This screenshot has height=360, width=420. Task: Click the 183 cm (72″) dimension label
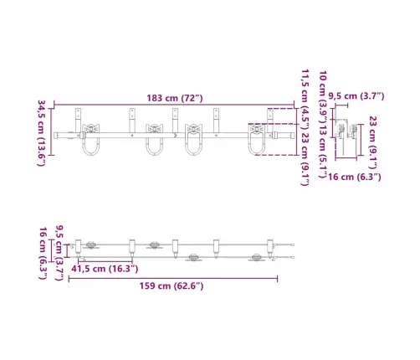175,98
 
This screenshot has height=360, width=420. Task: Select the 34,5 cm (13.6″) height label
41,133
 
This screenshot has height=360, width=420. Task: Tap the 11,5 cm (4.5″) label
305,99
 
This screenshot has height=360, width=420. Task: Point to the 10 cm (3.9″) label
323,95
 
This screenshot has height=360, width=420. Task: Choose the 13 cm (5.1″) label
323,151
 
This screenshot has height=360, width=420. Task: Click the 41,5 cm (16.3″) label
105,269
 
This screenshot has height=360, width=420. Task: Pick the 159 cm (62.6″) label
172,285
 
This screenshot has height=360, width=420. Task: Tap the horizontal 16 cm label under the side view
354,177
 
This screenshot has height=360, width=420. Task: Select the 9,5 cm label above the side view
356,96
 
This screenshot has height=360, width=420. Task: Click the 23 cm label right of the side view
373,142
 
